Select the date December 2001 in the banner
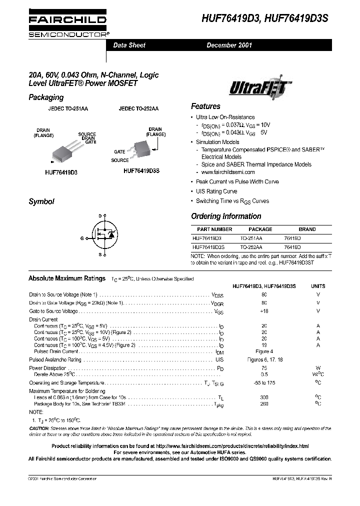point(229,45)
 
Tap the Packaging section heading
point(46,97)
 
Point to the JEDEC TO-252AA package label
point(138,108)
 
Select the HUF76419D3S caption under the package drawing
point(141,170)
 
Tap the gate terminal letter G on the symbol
point(82,238)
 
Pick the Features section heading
point(205,106)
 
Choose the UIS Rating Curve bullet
point(216,191)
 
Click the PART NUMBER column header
point(211,229)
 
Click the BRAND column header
point(307,229)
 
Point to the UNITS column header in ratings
point(318,286)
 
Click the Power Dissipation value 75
point(264,367)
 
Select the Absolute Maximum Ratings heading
point(66,278)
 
